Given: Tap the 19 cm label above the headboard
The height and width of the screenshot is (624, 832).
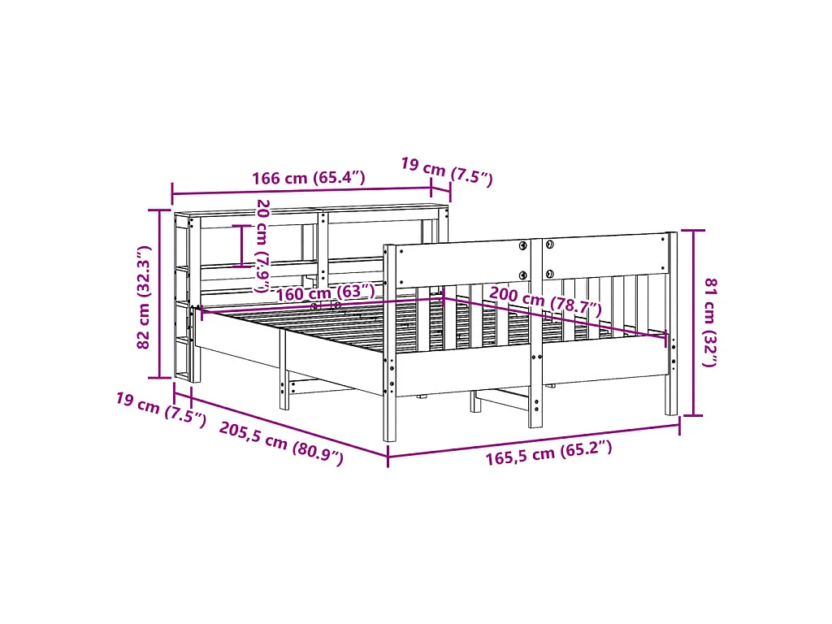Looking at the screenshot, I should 446,171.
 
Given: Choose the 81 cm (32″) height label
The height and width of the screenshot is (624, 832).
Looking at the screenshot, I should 709,322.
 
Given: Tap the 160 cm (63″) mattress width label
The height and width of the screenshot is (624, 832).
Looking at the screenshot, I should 326,292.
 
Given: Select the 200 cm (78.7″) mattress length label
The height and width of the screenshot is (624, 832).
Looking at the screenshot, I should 545,301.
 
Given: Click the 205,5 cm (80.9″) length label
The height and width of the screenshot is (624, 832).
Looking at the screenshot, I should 281,444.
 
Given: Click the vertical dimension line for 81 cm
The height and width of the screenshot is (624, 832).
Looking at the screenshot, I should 692,323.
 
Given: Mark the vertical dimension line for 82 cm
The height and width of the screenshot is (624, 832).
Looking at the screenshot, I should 160,293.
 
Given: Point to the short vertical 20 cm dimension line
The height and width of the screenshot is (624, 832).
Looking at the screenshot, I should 242,245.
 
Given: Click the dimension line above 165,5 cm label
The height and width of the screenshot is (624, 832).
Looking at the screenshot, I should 533,440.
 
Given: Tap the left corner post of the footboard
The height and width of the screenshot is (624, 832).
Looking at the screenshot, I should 389,341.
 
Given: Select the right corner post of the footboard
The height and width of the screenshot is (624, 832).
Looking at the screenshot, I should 671,325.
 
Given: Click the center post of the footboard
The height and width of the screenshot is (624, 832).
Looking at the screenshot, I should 535,333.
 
